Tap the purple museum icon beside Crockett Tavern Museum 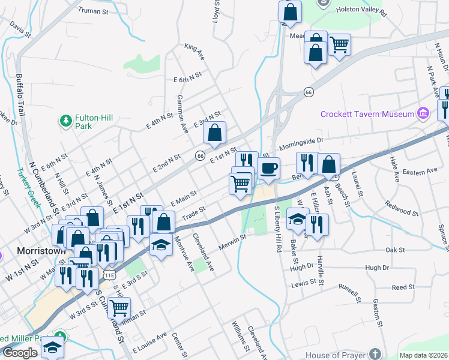click(x=423, y=113)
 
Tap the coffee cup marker click(x=268, y=167)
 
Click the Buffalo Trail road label click(x=22, y=95)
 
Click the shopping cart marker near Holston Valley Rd click(x=339, y=43)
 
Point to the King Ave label click(x=195, y=51)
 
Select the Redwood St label click(x=402, y=208)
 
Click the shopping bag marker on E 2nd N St click(x=214, y=133)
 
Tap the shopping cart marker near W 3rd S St click(x=119, y=307)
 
